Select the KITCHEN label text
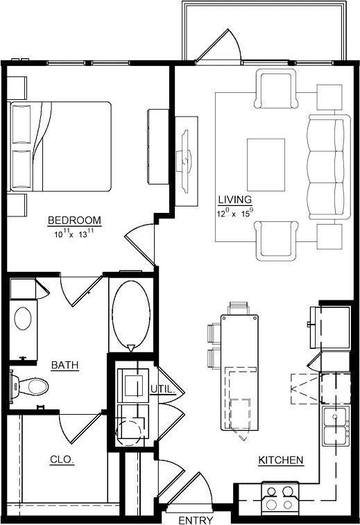click(x=280, y=460)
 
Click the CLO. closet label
click(x=62, y=459)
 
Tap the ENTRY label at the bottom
click(x=195, y=520)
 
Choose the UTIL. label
click(x=164, y=389)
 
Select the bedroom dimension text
click(x=74, y=234)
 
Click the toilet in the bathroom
click(x=29, y=384)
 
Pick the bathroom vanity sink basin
click(x=24, y=318)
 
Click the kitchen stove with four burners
click(x=280, y=497)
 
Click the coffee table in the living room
click(x=266, y=164)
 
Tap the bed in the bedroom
click(x=61, y=146)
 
